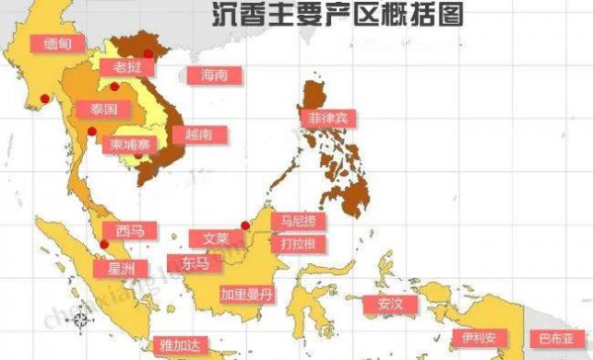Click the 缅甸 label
point(52,44)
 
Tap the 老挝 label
point(127,67)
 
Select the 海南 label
point(214,75)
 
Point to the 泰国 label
point(104,109)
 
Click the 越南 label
point(192,135)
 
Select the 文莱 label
point(215,239)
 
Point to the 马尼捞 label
point(299,222)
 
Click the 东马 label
point(195,263)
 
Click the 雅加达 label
point(180,345)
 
